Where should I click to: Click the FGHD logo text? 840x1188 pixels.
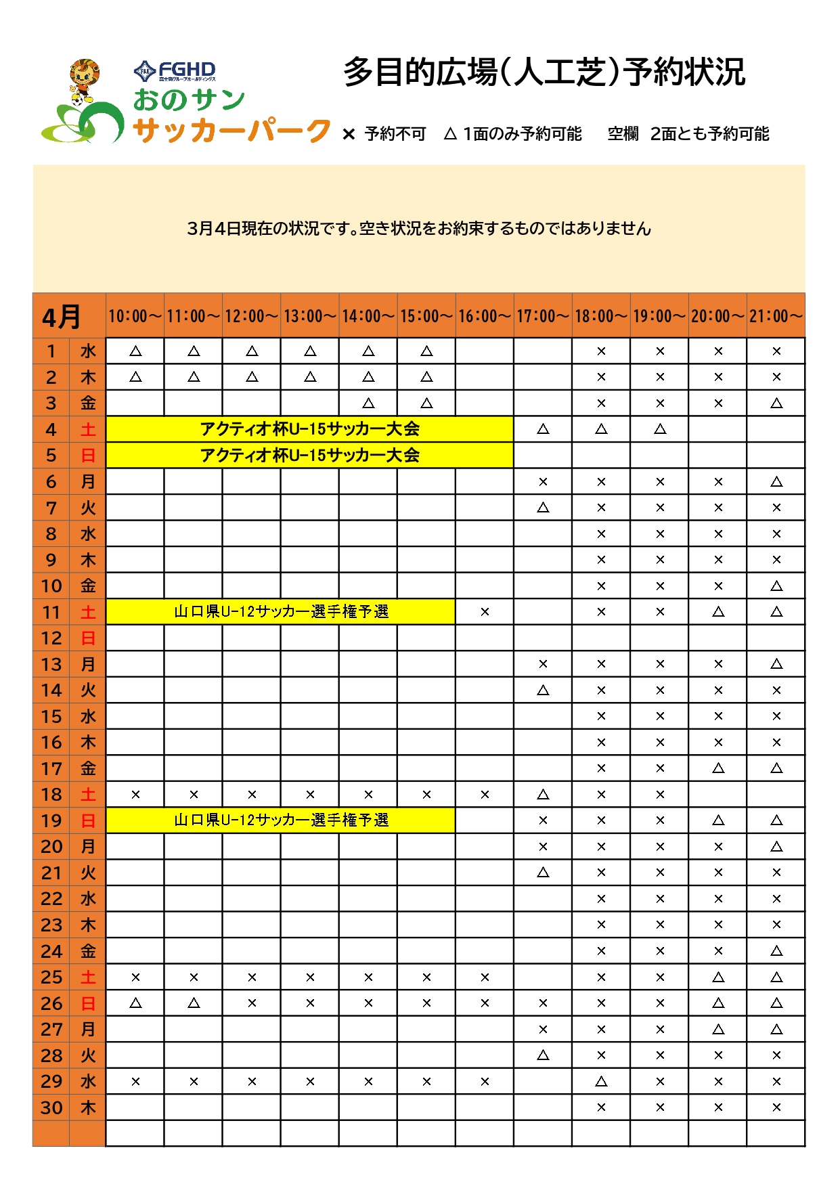tap(175, 70)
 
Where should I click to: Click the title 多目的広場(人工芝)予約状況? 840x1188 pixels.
tap(544, 72)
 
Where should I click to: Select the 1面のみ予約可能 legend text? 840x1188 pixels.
tap(522, 134)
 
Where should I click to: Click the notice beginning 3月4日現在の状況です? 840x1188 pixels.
tap(419, 229)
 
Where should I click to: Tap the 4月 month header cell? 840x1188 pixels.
tap(62, 316)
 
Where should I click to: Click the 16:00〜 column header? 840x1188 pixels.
tap(485, 316)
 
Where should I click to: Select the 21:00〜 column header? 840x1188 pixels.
tap(776, 316)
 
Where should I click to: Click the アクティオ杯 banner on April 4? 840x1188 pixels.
tap(309, 429)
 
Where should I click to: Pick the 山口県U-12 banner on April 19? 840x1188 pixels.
tap(281, 820)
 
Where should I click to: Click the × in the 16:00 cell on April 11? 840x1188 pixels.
tap(485, 612)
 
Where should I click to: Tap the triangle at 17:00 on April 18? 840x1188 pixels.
tap(543, 795)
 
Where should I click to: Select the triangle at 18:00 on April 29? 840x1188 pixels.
tap(601, 1082)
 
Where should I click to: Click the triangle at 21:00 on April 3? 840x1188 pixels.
tap(776, 403)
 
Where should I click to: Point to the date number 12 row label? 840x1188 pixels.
tap(51, 638)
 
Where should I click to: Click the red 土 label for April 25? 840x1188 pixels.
tap(88, 977)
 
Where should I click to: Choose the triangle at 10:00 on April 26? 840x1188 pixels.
tap(135, 1003)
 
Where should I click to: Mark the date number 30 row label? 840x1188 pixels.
tap(51, 1108)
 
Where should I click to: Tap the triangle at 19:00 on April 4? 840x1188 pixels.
tap(660, 429)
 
